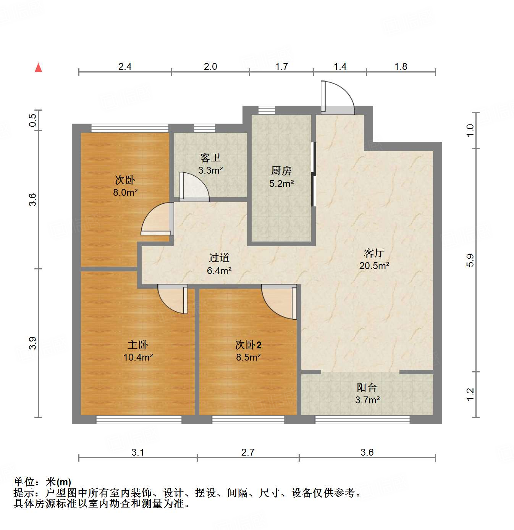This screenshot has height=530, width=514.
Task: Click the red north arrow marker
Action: pos(38,68)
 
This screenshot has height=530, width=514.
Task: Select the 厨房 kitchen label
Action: pos(281,171)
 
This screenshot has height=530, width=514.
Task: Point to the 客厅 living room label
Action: pos(374,253)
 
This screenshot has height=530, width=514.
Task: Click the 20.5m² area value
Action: pos(374,266)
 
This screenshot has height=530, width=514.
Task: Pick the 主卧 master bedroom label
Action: pos(138,345)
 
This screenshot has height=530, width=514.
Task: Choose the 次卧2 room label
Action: pos(248,345)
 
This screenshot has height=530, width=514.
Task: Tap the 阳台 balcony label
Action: pos(367,388)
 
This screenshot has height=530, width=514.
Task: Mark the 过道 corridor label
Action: pos(219,258)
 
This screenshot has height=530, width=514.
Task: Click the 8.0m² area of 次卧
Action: pos(125,192)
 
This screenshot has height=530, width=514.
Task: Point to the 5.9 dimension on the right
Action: pos(470,260)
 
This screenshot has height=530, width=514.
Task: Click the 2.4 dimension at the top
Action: pos(125,67)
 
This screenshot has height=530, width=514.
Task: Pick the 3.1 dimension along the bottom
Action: pos(137,453)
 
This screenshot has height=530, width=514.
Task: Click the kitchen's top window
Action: pos(266,110)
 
